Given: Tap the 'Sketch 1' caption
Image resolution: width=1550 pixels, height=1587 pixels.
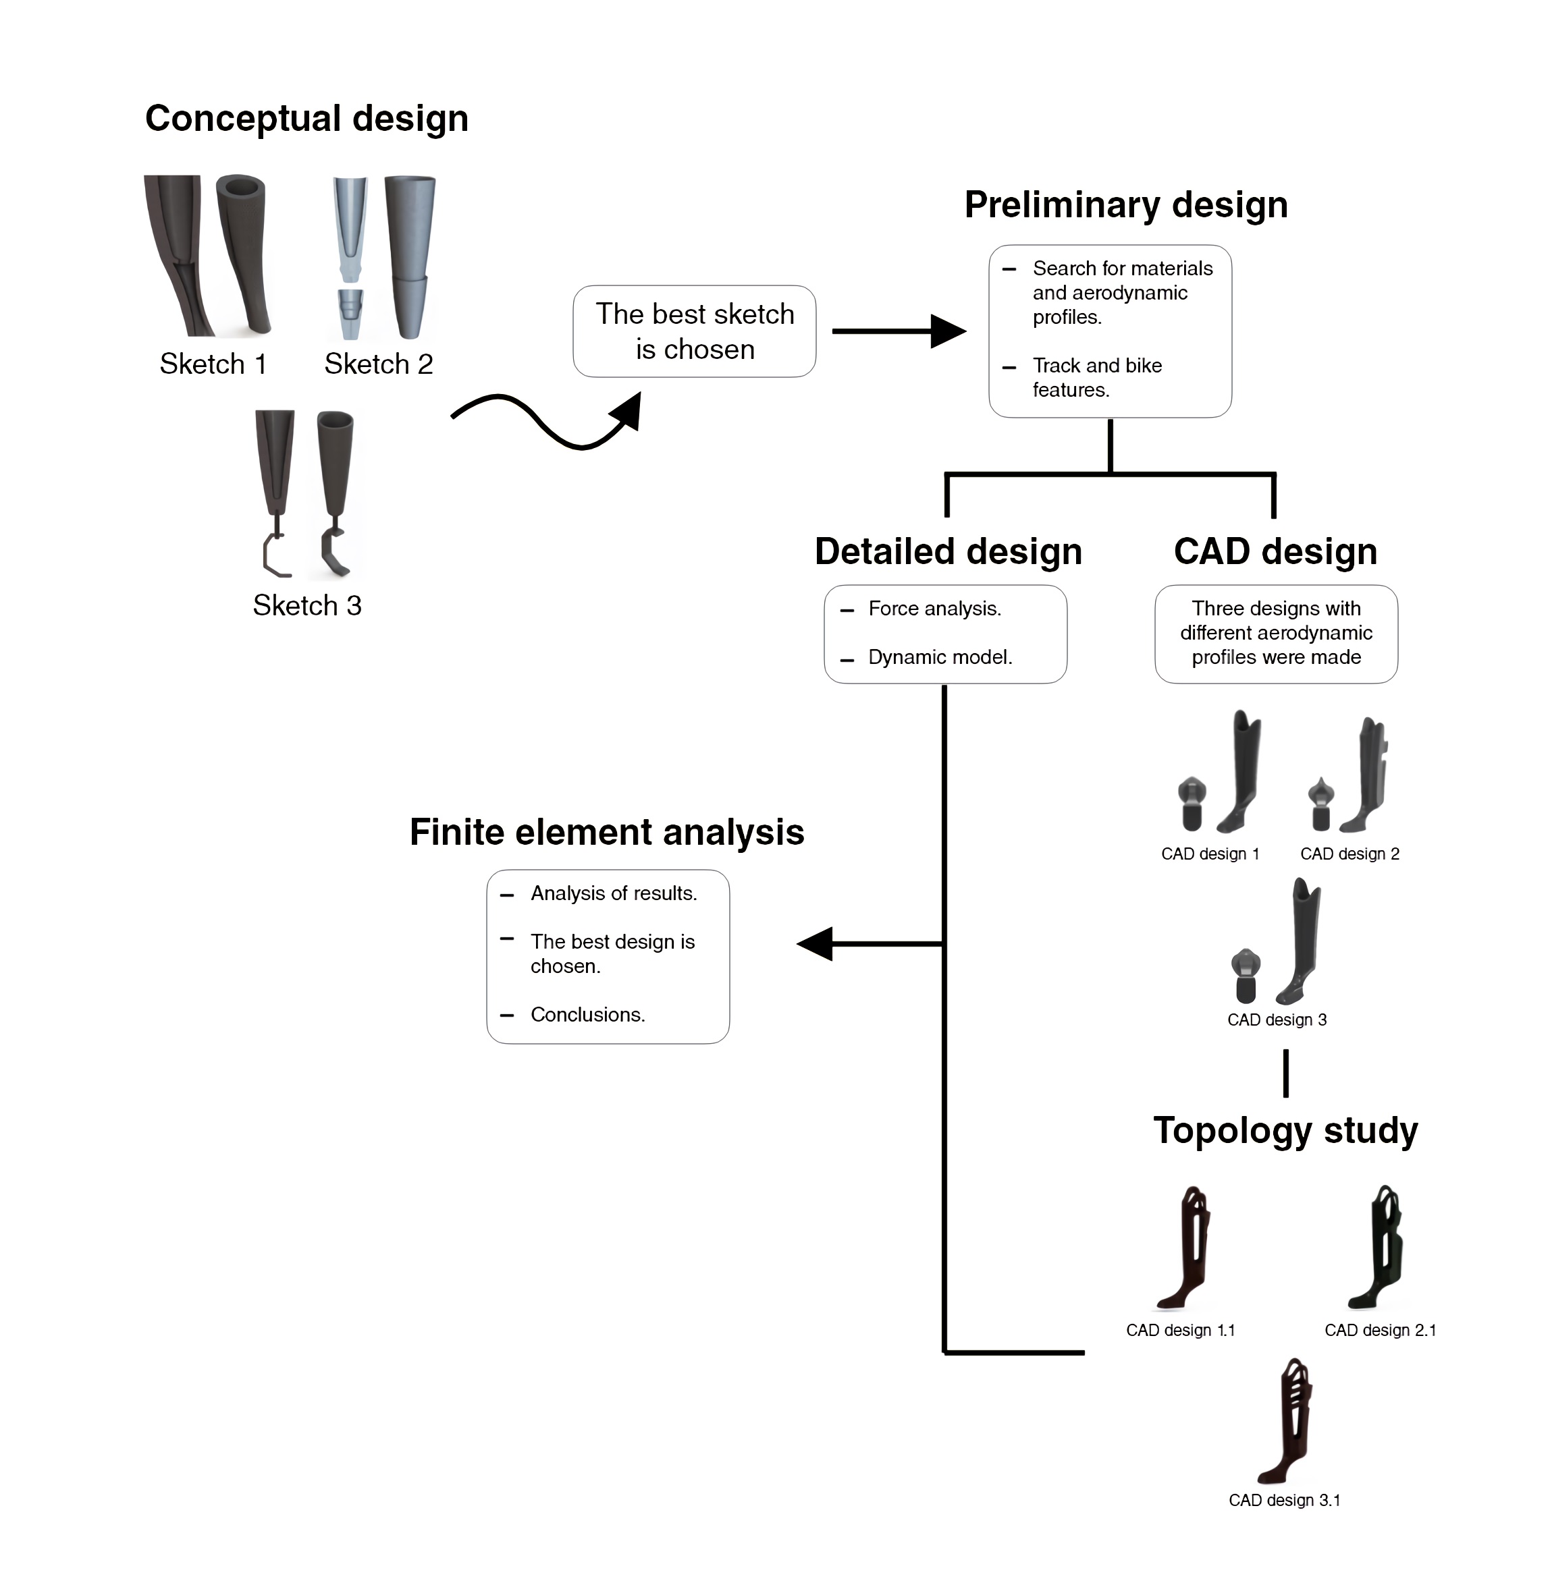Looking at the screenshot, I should pyautogui.click(x=213, y=364).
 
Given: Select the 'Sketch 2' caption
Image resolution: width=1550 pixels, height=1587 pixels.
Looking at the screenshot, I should pyautogui.click(x=379, y=364).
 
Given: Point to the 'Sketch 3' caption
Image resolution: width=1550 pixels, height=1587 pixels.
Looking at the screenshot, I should pyautogui.click(x=307, y=605).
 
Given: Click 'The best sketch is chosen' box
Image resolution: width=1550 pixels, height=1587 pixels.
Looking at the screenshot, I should pyautogui.click(x=695, y=331).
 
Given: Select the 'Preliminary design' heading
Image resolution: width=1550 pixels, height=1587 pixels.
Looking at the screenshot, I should pyautogui.click(x=1126, y=205).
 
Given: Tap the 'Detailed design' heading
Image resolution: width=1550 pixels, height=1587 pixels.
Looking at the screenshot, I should pyautogui.click(x=948, y=552).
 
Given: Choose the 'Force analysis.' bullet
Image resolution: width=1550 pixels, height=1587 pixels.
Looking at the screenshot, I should pyautogui.click(x=934, y=609).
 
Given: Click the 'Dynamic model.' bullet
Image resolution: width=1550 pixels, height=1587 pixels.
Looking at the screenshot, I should pyautogui.click(x=940, y=658).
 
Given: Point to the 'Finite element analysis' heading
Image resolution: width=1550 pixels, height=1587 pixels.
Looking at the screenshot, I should pyautogui.click(x=606, y=833).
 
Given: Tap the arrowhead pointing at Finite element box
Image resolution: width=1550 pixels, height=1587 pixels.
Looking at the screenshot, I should pyautogui.click(x=815, y=944).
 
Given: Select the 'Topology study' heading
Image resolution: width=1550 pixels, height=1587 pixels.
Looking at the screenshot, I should pyautogui.click(x=1285, y=1130).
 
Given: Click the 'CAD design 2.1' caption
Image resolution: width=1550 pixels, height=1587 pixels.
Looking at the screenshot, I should pyautogui.click(x=1380, y=1331).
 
